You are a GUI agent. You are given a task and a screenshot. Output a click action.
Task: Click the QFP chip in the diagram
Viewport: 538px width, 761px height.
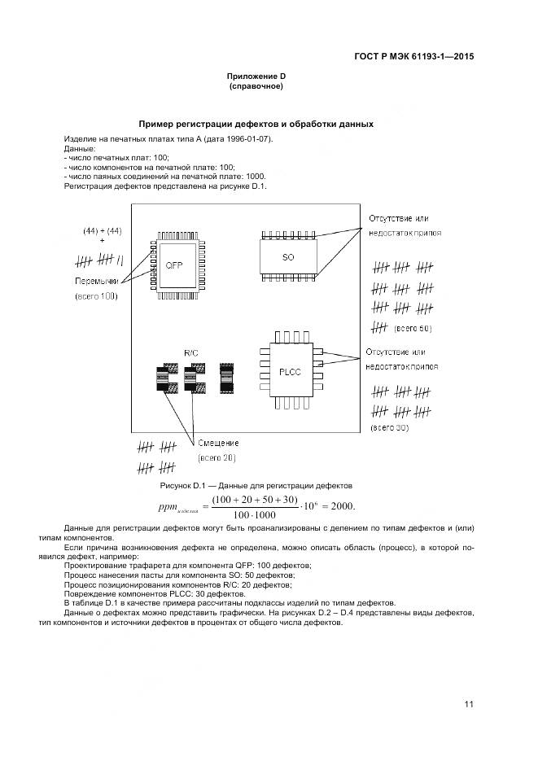coord(176,265)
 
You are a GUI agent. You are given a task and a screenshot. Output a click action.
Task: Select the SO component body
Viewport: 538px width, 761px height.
coord(287,257)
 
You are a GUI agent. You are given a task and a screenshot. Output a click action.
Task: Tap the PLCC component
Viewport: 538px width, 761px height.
coord(289,370)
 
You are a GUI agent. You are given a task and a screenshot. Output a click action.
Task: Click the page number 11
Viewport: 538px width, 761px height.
coord(469,704)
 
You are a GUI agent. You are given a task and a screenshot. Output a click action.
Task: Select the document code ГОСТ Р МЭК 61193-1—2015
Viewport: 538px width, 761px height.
coord(414,57)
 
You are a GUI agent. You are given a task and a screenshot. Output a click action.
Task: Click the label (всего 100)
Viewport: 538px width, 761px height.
coord(96,296)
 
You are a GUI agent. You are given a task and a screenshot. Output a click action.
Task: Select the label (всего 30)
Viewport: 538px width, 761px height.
coord(389,426)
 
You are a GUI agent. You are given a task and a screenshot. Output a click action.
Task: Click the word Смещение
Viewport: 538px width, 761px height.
coord(217,443)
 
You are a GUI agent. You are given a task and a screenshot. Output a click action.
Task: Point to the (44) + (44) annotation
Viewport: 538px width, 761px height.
coord(103,231)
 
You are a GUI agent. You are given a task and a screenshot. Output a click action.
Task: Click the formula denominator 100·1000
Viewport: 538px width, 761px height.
coord(254,514)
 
